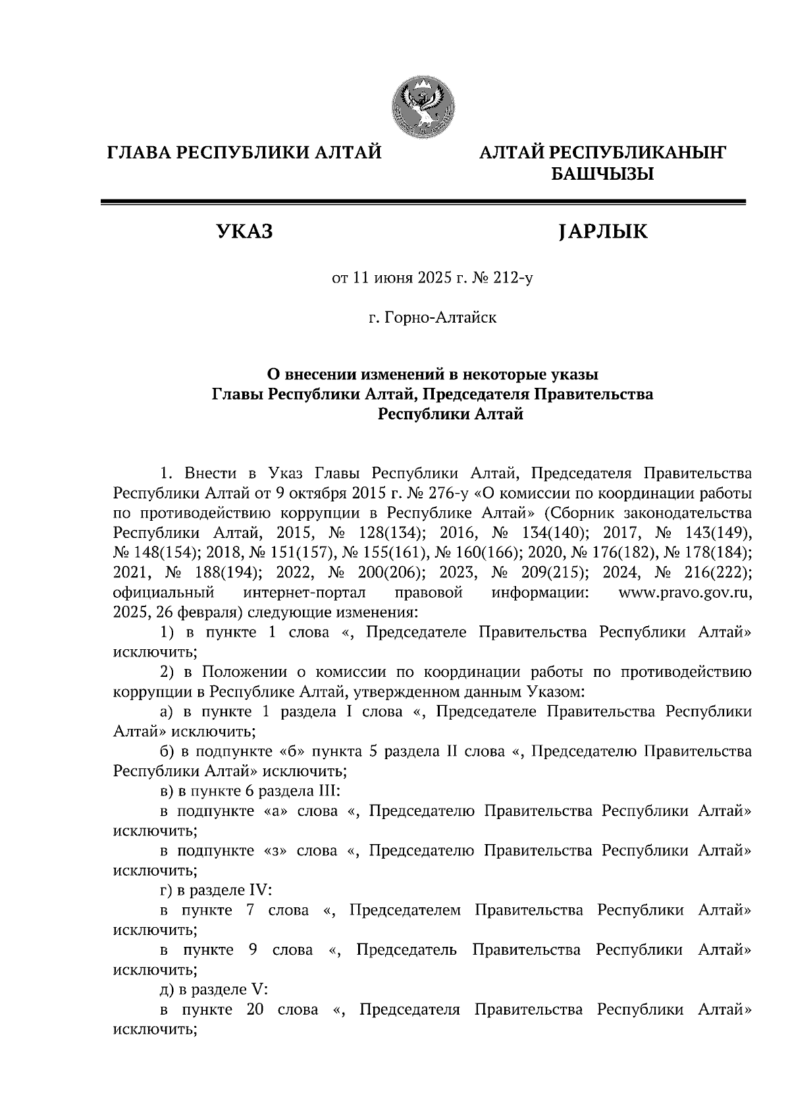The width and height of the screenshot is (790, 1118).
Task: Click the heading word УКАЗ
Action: [244, 232]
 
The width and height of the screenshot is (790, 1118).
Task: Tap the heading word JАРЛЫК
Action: [601, 232]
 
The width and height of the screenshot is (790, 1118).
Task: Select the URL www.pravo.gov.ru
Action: [685, 593]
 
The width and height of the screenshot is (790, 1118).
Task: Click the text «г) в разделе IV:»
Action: [216, 890]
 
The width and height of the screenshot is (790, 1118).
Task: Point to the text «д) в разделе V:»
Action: [213, 990]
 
